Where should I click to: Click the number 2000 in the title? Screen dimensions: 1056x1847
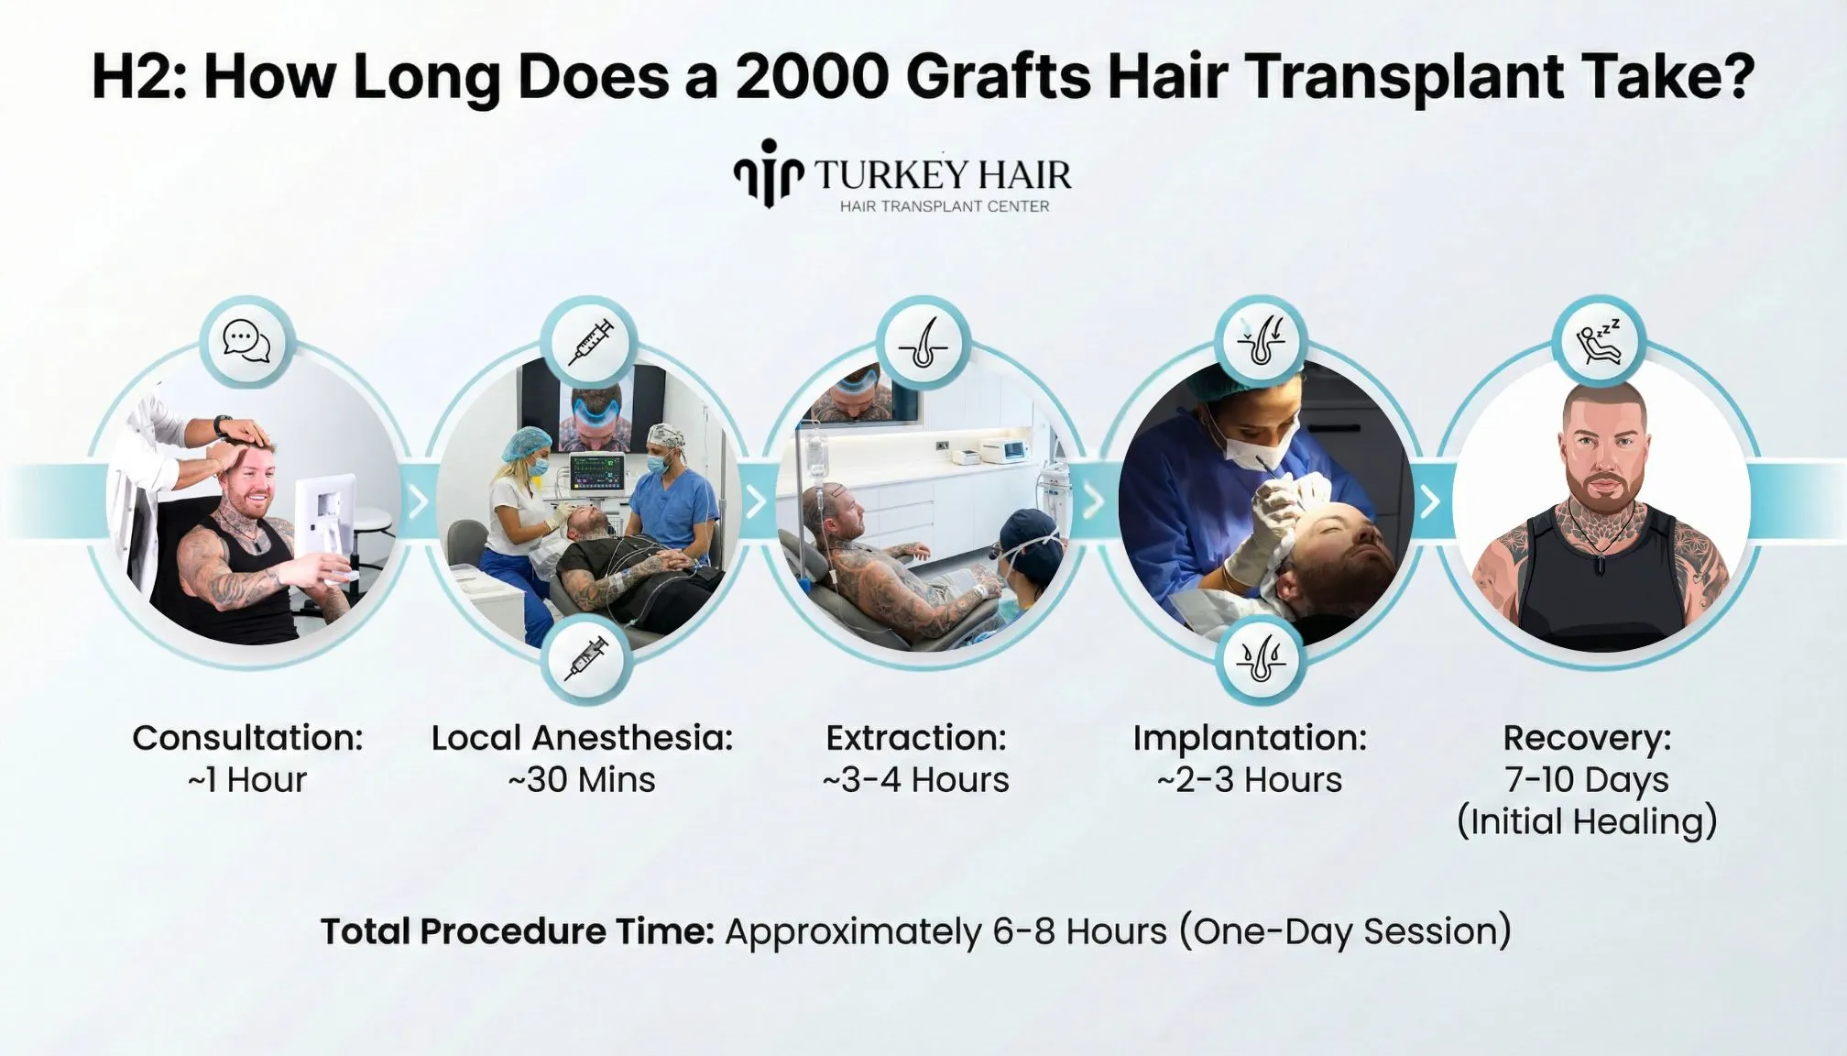[x=812, y=76]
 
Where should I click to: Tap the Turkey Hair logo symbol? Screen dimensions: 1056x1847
[x=768, y=172]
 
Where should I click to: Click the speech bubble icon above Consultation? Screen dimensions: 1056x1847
[x=246, y=342]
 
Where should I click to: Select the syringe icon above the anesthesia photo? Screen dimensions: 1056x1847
[x=589, y=342]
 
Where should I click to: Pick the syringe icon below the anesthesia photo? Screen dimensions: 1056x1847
[x=586, y=659]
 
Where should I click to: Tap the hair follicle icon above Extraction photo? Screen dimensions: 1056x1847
[x=923, y=344]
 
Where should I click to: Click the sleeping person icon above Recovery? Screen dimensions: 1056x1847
[x=1599, y=342]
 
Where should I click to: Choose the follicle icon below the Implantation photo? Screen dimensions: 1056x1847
[x=1262, y=659]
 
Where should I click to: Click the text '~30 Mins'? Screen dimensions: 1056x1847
[x=582, y=780]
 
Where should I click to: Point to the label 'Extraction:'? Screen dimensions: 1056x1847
[x=915, y=738]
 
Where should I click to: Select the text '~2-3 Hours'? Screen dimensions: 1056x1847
[x=1250, y=780]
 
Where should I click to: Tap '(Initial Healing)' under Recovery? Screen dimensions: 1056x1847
[x=1587, y=821]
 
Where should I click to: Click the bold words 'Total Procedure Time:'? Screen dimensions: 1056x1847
[x=517, y=931]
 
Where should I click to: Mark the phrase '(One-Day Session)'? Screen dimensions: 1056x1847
[x=1344, y=931]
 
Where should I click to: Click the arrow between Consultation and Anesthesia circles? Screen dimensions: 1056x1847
[x=418, y=501]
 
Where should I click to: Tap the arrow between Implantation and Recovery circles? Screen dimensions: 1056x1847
[x=1429, y=501]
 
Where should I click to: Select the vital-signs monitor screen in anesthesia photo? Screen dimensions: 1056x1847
[x=596, y=473]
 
